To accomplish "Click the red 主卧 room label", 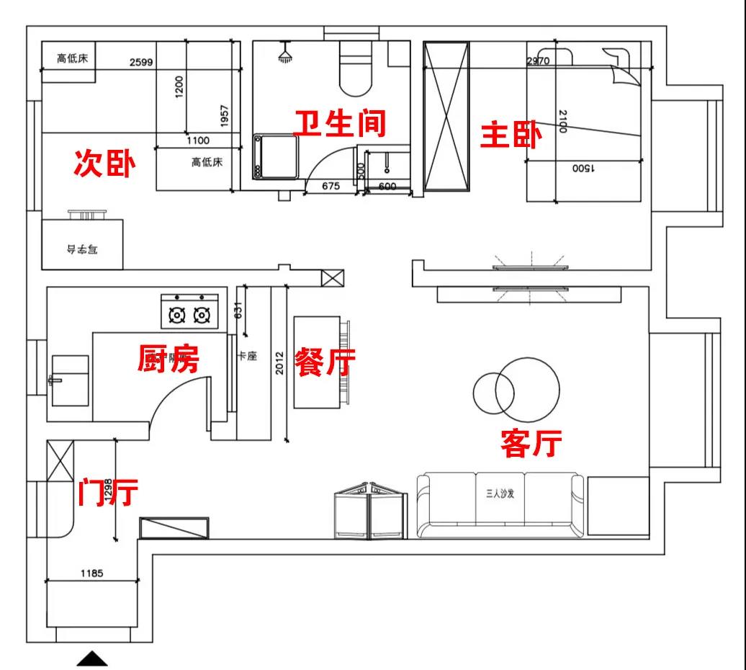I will pos(511,135).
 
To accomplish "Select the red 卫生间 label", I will pos(340,124).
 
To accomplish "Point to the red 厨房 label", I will pos(168,358).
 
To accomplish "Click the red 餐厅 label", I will pos(325,362).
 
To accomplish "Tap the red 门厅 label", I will pos(108,493).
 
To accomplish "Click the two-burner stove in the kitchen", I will pos(189,311).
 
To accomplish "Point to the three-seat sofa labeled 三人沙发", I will pos(501,504).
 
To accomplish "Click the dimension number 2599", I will pos(141,62).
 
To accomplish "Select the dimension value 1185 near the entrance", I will pos(91,573).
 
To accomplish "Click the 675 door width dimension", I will pos(331,186).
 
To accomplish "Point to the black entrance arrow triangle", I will pos(91,658).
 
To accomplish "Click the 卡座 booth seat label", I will pos(247,356).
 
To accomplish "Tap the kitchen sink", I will pos(70,379).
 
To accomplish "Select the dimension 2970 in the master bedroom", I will pos(538,61).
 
